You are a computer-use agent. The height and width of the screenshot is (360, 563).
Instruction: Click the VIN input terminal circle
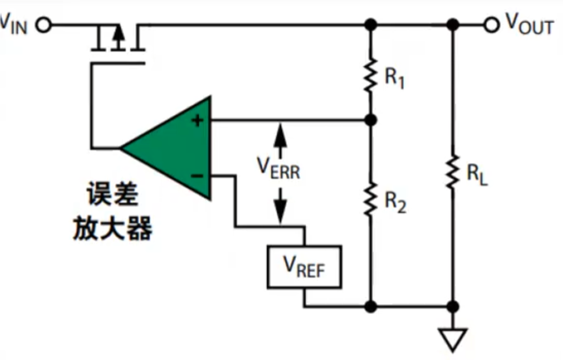coord(44,25)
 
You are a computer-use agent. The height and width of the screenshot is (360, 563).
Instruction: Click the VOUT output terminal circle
coord(492,25)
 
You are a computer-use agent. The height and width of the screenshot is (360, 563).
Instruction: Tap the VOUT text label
coord(529,24)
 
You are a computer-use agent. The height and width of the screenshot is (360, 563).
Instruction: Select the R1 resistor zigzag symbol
coord(370,75)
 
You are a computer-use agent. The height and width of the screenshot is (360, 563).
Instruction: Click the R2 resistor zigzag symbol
coord(370,199)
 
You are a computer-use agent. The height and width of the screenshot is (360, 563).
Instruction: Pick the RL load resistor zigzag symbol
coord(453,172)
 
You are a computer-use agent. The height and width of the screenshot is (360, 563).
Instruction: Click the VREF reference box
coord(305,267)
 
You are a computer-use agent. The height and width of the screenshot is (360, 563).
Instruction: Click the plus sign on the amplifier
coord(197,120)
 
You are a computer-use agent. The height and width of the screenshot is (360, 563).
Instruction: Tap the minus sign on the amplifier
coord(197,176)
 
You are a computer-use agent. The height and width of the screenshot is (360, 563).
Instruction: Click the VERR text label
coord(278,168)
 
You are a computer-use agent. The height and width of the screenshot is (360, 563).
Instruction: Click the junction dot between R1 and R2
coord(370,120)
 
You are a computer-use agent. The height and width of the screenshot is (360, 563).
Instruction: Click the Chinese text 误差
coord(112,194)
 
